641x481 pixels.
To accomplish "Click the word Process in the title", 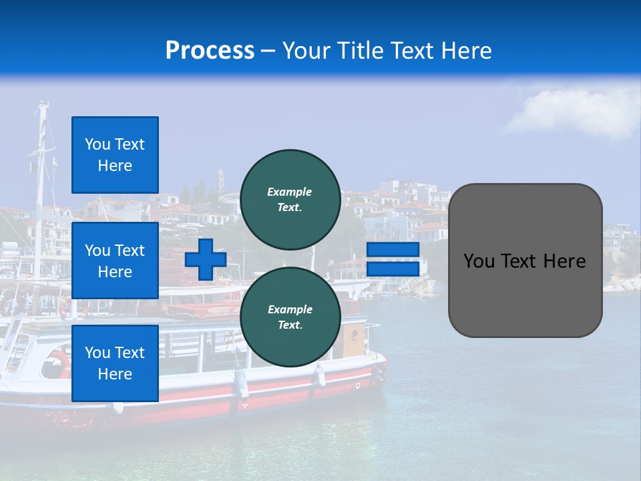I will (210, 51).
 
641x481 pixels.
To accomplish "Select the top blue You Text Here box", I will (115, 155).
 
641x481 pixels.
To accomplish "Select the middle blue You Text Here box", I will (115, 261).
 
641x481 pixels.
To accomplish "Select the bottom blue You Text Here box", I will (115, 363).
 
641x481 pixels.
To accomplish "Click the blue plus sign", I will (206, 259).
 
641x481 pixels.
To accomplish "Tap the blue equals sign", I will (393, 259).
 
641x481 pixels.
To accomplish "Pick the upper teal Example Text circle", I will (290, 199).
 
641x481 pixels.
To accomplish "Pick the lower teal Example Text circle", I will (290, 317).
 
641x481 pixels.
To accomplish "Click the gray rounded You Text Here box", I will (525, 261).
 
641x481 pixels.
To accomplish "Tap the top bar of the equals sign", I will (393, 250).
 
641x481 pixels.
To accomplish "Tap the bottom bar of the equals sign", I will (393, 269).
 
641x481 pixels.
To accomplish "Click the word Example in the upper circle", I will (290, 192).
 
